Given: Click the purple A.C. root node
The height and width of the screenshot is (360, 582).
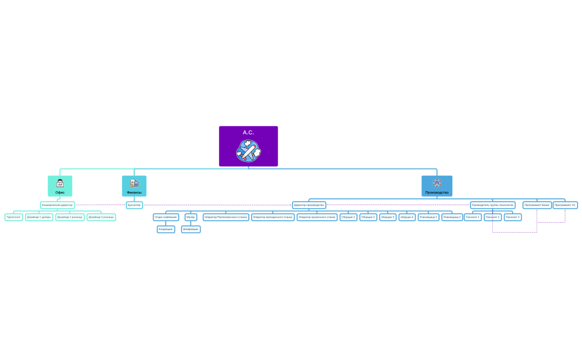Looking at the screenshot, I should [248, 133].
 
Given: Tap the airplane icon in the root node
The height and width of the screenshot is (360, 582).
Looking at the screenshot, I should [248, 151].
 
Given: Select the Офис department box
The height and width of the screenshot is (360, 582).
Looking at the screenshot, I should [60, 186].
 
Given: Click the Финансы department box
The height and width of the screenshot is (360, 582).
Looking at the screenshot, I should [134, 186].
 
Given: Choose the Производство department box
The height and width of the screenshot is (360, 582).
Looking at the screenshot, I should [437, 186].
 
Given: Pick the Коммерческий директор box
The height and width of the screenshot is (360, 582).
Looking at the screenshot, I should [57, 205].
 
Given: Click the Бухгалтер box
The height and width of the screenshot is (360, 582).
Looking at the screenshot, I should [134, 205].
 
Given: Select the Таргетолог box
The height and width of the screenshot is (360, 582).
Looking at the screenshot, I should [13, 217].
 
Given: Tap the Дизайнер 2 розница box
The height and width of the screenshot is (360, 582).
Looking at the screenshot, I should [101, 217].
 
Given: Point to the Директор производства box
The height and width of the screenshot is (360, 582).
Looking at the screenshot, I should [309, 205].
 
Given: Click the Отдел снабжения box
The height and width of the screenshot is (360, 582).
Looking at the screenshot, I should [166, 217].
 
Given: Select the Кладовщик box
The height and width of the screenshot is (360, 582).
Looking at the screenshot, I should [166, 229].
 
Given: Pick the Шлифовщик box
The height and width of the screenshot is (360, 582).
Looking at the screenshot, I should [191, 229].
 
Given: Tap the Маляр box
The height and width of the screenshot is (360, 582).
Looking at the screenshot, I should [191, 217].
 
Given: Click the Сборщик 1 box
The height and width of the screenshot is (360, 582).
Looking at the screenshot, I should [349, 217].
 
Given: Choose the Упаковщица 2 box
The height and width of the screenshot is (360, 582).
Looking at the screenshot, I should [452, 217].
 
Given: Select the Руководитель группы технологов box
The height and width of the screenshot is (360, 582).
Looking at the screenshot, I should [492, 205].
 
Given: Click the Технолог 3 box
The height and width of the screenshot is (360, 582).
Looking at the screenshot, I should [512, 217].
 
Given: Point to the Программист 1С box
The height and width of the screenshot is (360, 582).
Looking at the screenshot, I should [565, 205].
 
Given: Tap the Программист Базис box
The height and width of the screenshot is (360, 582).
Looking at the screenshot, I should [537, 205].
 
